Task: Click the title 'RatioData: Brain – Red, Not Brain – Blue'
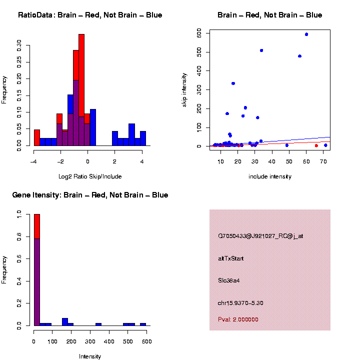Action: click(90, 15)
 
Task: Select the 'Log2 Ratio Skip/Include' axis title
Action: click(89, 176)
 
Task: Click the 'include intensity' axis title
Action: click(269, 176)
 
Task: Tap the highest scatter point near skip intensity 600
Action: click(306, 34)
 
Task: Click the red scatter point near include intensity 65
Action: click(316, 145)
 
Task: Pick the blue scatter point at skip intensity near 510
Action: click(261, 50)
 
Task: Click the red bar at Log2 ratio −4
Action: click(36, 137)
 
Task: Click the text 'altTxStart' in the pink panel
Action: click(230, 258)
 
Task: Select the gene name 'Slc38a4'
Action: click(229, 280)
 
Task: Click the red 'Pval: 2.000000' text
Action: click(238, 319)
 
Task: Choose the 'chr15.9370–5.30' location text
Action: click(240, 303)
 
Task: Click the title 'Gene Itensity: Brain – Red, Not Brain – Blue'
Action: click(90, 195)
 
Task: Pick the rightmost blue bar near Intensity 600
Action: click(143, 324)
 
